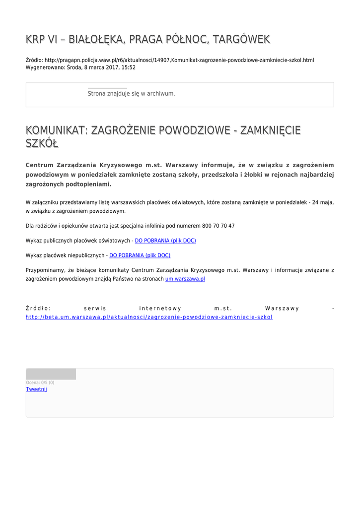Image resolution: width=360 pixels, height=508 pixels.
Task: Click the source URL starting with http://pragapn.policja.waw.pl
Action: [x=179, y=60]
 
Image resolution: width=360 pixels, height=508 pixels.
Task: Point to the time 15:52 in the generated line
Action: [x=129, y=67]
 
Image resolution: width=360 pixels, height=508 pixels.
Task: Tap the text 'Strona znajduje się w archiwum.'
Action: [x=131, y=93]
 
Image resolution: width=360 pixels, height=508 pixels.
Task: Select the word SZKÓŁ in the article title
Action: [x=42, y=144]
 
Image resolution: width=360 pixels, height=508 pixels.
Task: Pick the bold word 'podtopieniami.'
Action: [x=86, y=184]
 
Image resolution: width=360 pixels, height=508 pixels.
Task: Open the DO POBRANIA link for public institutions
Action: [x=165, y=241]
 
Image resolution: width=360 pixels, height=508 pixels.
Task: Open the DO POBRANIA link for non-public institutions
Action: [x=140, y=255]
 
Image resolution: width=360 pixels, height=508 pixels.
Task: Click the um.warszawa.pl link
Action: [x=185, y=279]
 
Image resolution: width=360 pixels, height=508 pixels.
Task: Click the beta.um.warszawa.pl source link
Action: [x=149, y=317]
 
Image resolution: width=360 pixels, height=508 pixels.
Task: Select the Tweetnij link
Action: [x=36, y=389]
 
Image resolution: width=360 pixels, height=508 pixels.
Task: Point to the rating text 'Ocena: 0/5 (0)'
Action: [x=40, y=382]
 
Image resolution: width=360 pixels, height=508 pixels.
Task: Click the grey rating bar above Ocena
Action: [x=51, y=374]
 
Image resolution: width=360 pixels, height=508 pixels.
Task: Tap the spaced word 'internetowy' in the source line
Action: [x=160, y=309]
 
